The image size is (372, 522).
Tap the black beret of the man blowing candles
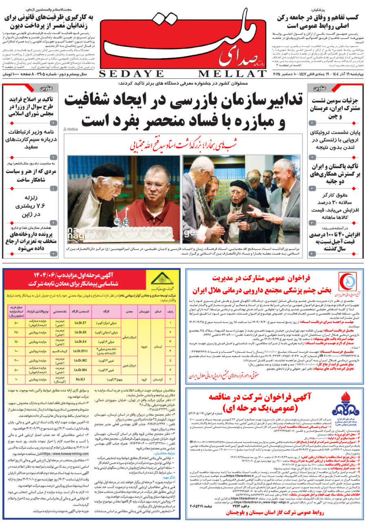coord(108,169)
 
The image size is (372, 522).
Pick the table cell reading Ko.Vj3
coord(80,378)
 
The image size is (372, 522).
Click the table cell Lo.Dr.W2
coord(80,360)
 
